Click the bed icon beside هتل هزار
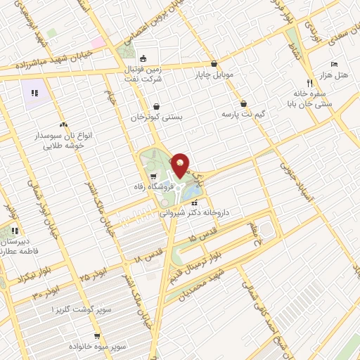pyautogui.click(x=334, y=63)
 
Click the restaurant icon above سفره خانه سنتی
pyautogui.click(x=300, y=83)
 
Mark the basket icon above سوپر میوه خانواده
pyautogui.click(x=98, y=336)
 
